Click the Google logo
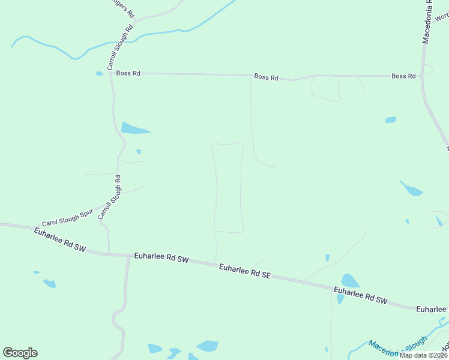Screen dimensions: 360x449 point(20,353)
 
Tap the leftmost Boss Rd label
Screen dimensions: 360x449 point(128,73)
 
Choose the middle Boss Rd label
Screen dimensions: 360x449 point(266,77)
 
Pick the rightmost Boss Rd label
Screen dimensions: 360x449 point(403,76)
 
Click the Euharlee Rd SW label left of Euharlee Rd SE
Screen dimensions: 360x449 point(161,258)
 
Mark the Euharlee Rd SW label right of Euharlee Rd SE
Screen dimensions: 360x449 point(361,295)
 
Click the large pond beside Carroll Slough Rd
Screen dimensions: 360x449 point(134,128)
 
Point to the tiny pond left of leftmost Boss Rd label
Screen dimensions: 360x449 point(99,74)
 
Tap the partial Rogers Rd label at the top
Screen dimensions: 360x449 point(124,7)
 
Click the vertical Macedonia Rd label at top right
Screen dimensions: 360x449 point(427,23)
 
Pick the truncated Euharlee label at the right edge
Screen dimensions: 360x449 point(432,308)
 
